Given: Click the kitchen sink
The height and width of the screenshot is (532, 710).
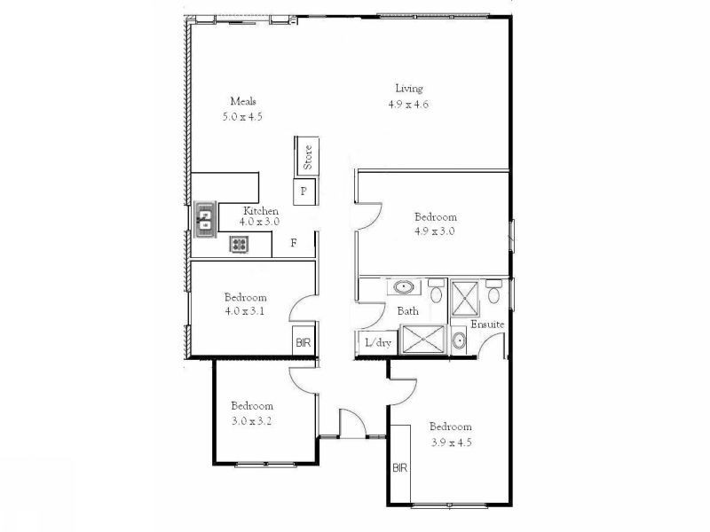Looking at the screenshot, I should pos(205,218).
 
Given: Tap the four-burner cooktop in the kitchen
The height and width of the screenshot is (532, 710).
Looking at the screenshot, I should pos(240,244).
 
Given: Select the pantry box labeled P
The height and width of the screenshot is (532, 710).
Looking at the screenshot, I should pos(304,191).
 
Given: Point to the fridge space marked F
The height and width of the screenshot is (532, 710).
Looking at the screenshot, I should pos(294,243).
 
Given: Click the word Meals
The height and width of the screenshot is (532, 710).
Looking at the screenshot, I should pos(243,101).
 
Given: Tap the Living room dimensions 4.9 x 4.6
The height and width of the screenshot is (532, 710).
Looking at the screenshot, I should pos(409,104).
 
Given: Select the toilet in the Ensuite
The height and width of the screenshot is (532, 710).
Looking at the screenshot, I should pos(494,291).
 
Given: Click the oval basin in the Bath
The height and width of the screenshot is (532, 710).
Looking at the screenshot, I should pos(405,287).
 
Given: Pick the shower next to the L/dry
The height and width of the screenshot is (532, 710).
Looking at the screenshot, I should pos(422,340).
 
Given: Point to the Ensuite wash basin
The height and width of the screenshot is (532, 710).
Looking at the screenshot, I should pos(458,340).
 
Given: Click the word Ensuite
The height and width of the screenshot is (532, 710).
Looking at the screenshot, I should pos(487,325).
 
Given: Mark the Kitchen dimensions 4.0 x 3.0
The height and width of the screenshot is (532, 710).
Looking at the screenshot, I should pos(256,223).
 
